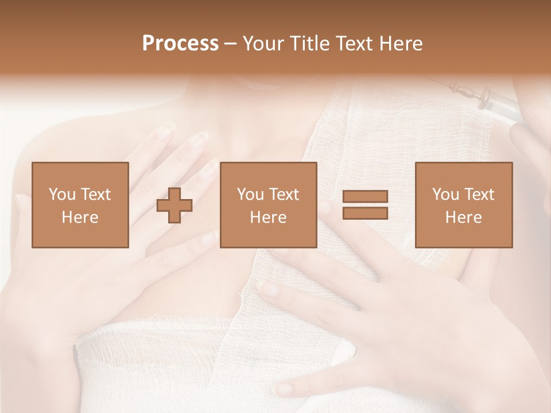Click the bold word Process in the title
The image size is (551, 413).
(x=180, y=44)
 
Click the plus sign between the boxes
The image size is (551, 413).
(x=174, y=205)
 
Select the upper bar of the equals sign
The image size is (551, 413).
(x=365, y=197)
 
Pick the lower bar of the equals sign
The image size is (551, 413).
(x=365, y=213)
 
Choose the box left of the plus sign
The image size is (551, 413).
(x=80, y=205)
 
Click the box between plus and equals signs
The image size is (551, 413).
(x=268, y=205)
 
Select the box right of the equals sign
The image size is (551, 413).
(x=463, y=205)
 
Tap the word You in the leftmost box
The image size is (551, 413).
(x=61, y=194)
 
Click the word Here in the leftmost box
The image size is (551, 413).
(x=80, y=217)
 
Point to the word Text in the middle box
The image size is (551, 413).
(x=284, y=194)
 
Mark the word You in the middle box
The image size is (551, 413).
(x=250, y=194)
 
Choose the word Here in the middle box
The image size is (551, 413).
(x=268, y=217)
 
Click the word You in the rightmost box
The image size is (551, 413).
(x=445, y=194)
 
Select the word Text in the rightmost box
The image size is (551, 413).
(x=479, y=194)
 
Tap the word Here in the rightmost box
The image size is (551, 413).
(x=463, y=217)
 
